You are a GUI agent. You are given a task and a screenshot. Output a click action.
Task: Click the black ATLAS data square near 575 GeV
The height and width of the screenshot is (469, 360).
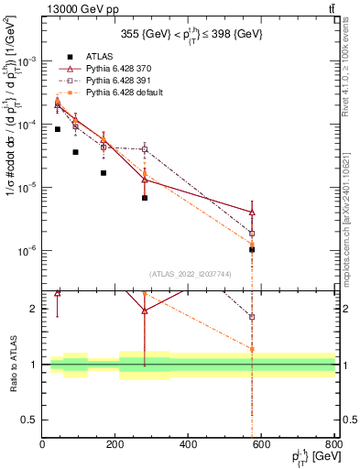252,249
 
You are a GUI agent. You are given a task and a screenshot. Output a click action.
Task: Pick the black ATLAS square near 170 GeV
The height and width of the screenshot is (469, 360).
104,173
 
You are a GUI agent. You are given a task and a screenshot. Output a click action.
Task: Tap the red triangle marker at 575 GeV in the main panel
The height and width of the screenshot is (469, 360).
252,212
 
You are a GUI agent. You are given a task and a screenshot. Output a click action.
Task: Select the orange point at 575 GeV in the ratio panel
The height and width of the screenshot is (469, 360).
252,349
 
